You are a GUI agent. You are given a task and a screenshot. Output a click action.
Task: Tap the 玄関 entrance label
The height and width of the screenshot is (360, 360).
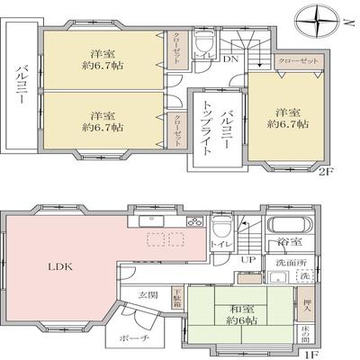(149, 294)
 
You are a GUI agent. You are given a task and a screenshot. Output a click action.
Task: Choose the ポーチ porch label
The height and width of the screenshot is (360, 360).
(129, 337)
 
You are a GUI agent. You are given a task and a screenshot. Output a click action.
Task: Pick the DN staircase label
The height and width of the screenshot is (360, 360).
(230, 61)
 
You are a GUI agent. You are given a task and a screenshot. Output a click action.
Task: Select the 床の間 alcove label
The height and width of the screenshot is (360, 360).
(307, 339)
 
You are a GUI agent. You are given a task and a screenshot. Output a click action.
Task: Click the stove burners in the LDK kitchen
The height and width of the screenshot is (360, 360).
(194, 222)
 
